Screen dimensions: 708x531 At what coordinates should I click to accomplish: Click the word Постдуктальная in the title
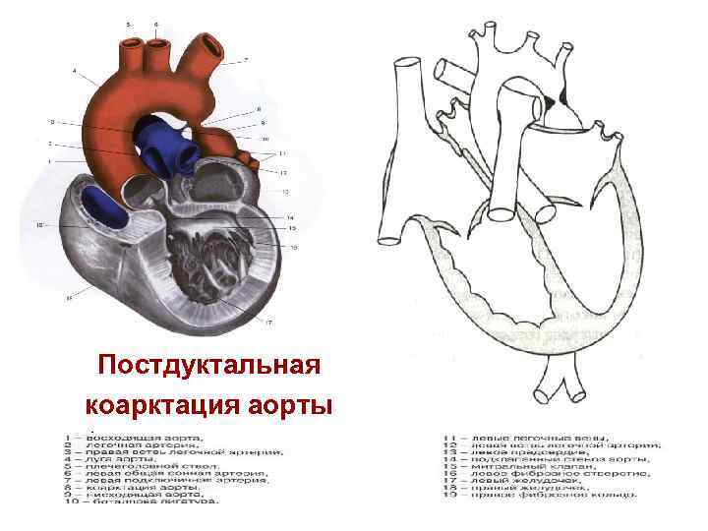click(x=209, y=366)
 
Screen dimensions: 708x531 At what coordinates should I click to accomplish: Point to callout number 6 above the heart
click(x=155, y=22)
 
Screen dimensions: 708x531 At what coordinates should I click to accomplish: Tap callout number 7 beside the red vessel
click(x=246, y=61)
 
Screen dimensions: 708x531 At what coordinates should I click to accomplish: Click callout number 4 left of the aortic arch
click(x=75, y=71)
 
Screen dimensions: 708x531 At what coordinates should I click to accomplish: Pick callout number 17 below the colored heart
click(x=268, y=322)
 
